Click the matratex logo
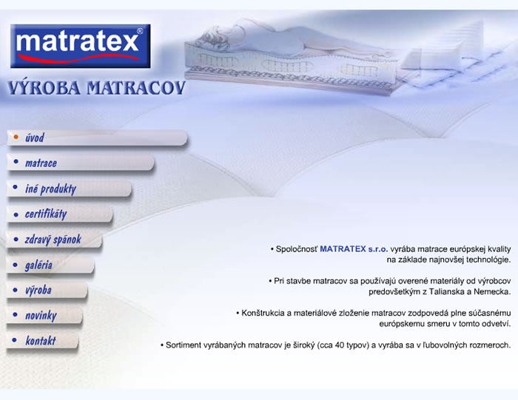pos(80,46)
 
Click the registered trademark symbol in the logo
pos(140,31)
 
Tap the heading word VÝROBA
pos(44,88)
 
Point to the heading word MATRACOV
pos(135,88)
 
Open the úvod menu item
pos(34,138)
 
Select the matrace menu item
pos(41,163)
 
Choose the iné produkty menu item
pos(50,189)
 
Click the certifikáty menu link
pos(46,214)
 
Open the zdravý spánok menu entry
pos(53,240)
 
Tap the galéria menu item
pos(38,265)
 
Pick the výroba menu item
pos(38,291)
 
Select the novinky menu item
pos(41,316)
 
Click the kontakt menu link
pos(41,341)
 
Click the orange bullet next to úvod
pos(16,137)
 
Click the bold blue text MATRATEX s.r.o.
pos(354,249)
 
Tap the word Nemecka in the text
pos(492,292)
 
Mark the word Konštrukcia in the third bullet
pos(263,313)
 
